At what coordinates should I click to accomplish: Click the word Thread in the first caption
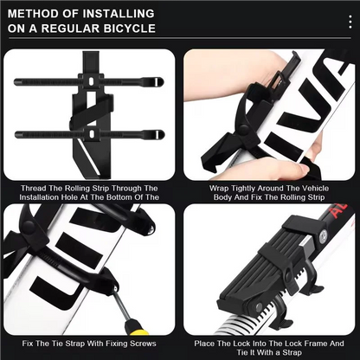pos(39,187)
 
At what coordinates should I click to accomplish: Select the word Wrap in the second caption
pos(222,187)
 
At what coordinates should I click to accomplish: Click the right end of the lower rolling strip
pos(157,134)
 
